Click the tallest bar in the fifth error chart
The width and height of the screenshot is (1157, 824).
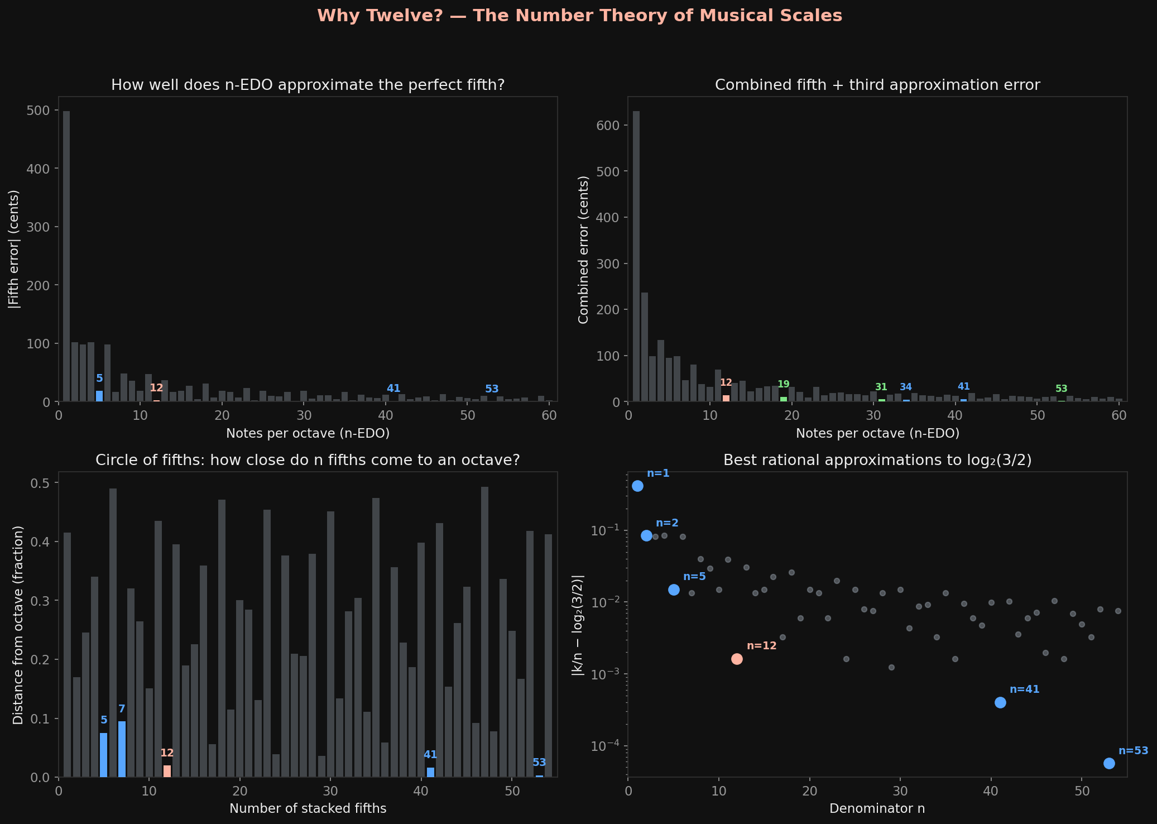click(x=66, y=256)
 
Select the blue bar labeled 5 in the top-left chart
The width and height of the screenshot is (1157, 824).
click(x=99, y=396)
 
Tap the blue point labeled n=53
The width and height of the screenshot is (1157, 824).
click(x=1109, y=763)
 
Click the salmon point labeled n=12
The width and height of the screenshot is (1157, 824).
click(x=737, y=659)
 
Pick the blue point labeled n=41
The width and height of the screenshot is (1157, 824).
click(x=1000, y=702)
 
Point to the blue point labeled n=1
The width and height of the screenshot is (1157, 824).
click(x=637, y=486)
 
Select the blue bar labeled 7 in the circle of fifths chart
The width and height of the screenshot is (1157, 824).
click(x=122, y=749)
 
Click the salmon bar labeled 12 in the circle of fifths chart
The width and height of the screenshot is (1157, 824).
click(x=167, y=771)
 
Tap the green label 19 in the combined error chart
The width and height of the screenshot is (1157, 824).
click(x=784, y=384)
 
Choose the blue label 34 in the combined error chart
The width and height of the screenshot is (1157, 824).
click(x=905, y=387)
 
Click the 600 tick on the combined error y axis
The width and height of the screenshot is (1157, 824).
click(x=608, y=125)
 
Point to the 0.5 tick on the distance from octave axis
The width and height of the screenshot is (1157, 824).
click(x=42, y=482)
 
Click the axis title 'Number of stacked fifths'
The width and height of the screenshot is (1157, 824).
click(x=308, y=808)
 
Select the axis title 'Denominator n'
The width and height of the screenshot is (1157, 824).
click(x=877, y=808)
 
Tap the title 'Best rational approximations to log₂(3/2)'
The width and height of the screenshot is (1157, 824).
click(x=877, y=460)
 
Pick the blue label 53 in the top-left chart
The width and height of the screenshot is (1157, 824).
click(x=492, y=389)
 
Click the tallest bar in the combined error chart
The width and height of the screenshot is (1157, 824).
click(x=636, y=256)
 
